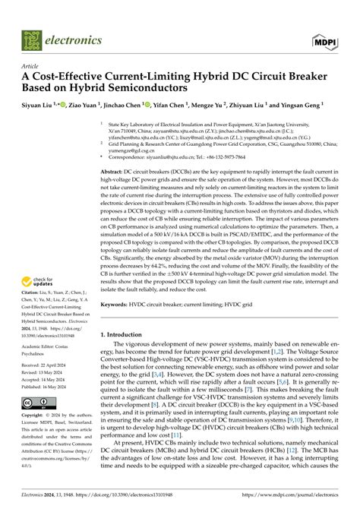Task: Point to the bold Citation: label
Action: tap(33, 291)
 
